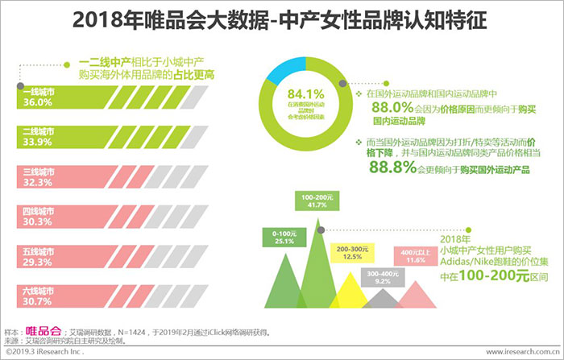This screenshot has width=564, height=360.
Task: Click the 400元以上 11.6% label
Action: coord(415,256)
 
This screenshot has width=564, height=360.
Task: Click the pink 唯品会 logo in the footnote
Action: coord(44,331)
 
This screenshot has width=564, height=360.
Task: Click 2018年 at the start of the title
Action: coord(106,20)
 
